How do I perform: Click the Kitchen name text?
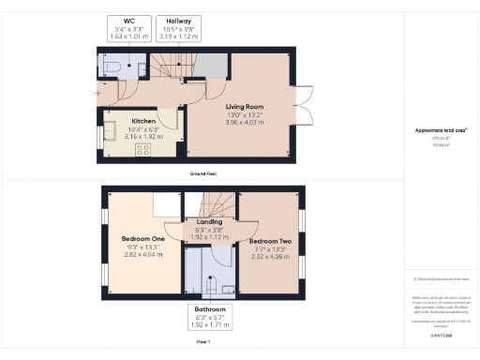[x=142, y=121]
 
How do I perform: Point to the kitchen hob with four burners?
[x=143, y=148]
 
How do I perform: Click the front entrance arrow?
[x=99, y=94]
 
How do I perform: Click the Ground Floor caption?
[x=202, y=174]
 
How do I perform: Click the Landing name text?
[x=209, y=221]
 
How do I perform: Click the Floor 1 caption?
[x=202, y=343]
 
